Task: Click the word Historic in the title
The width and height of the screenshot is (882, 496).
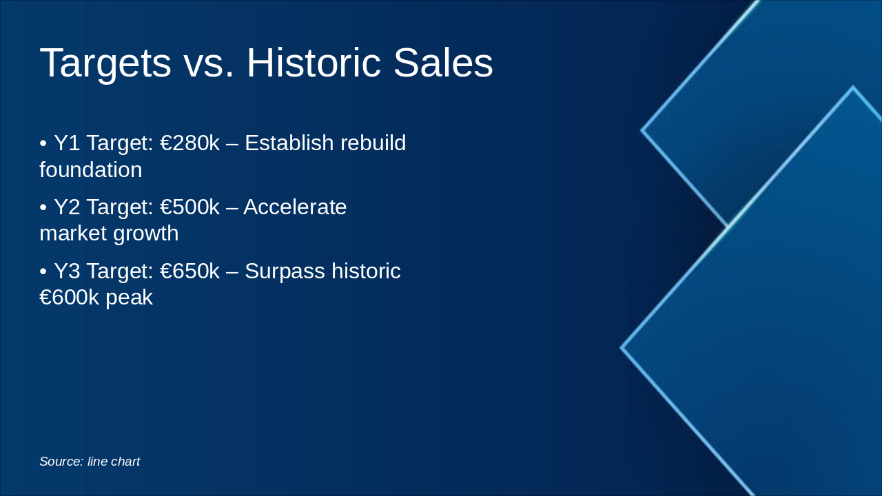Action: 314,63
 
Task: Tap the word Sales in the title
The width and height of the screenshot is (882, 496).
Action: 443,63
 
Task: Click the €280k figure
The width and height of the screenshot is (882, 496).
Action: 189,143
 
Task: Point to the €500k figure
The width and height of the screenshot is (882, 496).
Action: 189,207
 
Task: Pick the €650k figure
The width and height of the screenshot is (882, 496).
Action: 189,271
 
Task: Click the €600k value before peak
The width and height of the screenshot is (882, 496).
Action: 69,297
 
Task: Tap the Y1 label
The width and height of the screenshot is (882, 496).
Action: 67,143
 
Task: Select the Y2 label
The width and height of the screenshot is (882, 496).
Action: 67,207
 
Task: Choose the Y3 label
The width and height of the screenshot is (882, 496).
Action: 67,271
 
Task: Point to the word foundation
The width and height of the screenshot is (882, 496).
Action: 90,169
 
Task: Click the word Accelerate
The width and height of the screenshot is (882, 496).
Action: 295,207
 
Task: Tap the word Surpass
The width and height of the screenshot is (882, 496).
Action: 285,272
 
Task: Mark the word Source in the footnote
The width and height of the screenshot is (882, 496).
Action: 61,462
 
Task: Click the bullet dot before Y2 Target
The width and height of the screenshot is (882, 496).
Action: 43,207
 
